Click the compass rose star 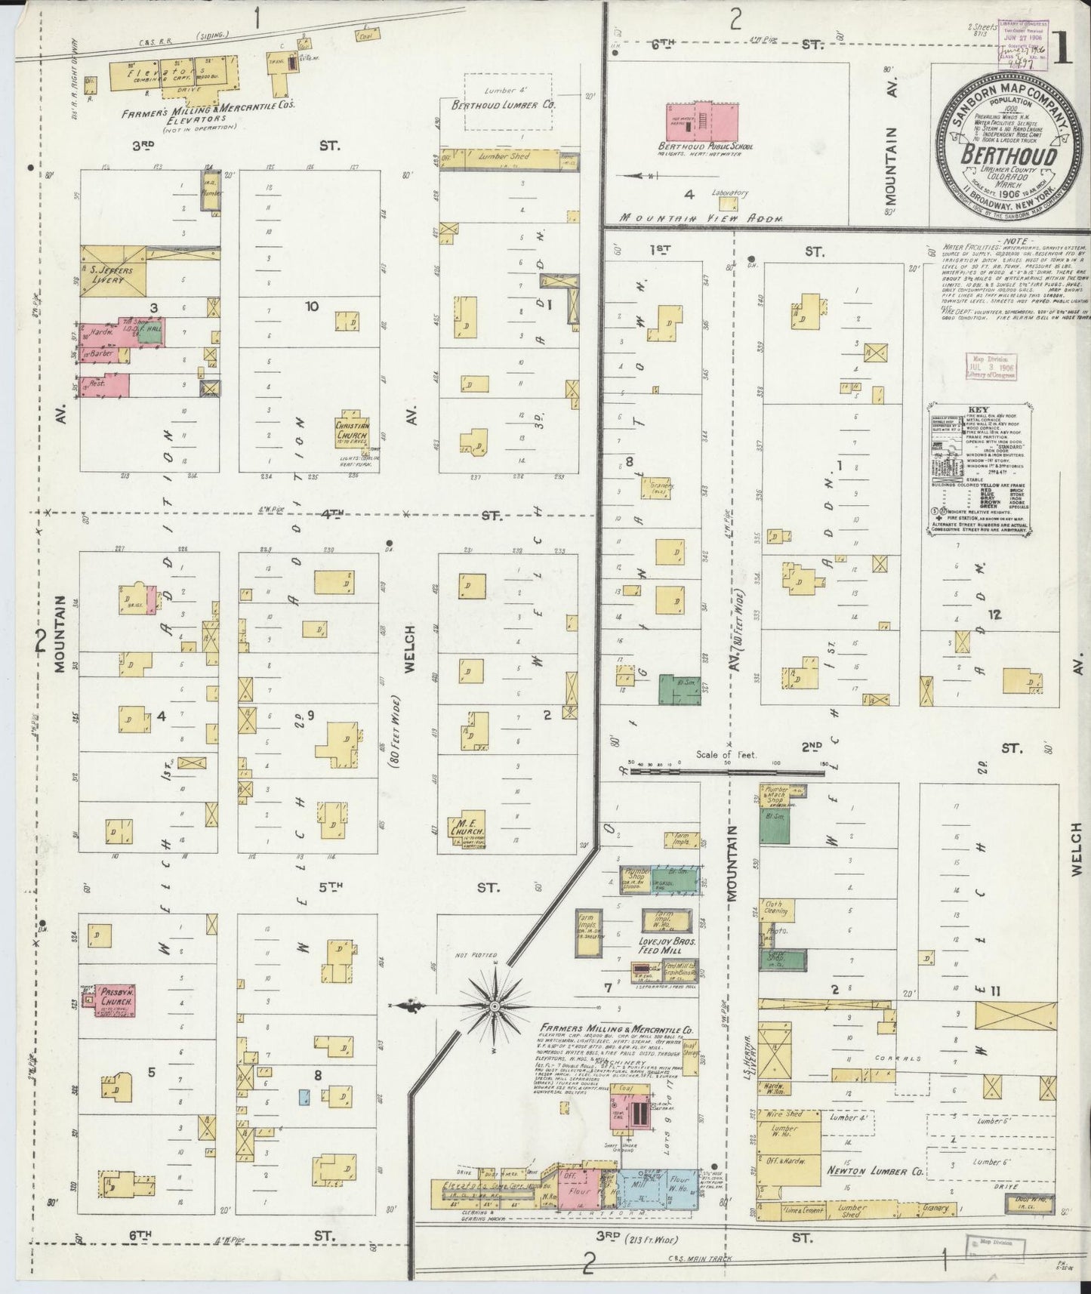pyautogui.click(x=494, y=1006)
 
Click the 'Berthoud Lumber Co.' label pyautogui.click(x=503, y=106)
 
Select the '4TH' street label pyautogui.click(x=331, y=514)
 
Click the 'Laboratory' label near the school pyautogui.click(x=730, y=193)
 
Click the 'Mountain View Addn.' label pyautogui.click(x=701, y=217)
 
